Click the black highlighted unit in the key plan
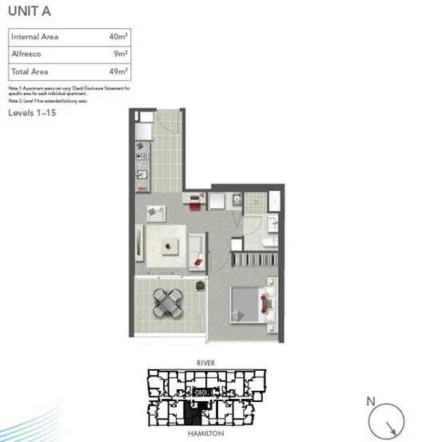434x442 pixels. coord(191,412)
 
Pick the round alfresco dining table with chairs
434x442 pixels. coord(169,302)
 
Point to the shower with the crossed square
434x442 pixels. coord(274,200)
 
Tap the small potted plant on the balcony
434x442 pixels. coord(200,285)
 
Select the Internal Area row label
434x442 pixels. coord(34,37)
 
